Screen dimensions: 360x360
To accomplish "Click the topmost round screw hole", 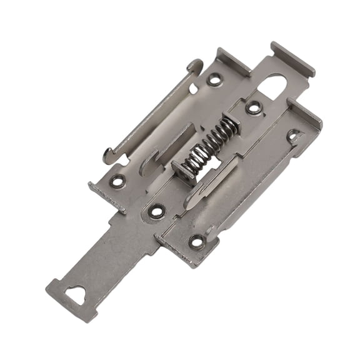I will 214,79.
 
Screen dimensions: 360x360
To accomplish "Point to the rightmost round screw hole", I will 292,134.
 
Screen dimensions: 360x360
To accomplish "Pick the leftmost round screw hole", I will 117,181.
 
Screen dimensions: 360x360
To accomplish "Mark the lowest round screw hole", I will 197,240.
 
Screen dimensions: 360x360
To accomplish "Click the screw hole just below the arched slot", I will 254,107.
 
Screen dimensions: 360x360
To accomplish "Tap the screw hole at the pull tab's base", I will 156,211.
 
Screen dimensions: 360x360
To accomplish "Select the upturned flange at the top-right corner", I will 292,58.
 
